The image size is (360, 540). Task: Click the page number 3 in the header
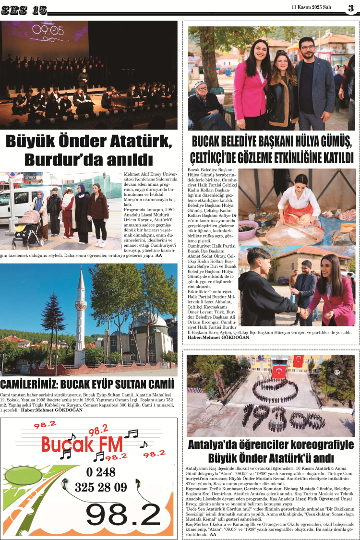click(351, 7)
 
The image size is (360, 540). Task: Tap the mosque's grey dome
click(149, 321)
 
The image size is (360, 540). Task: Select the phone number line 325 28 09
click(101, 487)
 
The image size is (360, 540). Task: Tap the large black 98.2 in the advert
click(123, 514)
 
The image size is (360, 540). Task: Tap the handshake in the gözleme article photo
click(304, 312)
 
